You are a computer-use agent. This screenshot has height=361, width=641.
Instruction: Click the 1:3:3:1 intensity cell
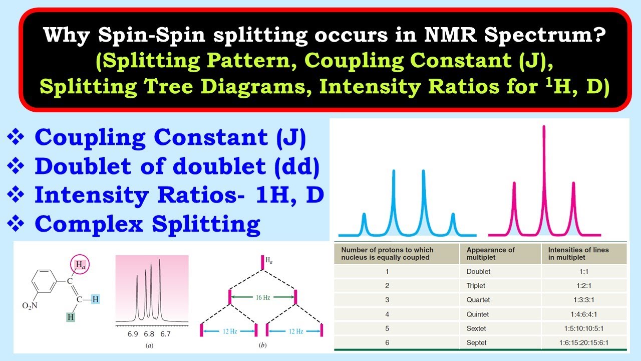pyautogui.click(x=583, y=300)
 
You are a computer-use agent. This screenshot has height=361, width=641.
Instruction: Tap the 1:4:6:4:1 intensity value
pyautogui.click(x=583, y=314)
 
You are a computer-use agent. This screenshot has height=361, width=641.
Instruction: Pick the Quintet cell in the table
pyautogui.click(x=477, y=314)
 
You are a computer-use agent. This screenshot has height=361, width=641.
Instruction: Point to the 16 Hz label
pyautogui.click(x=262, y=297)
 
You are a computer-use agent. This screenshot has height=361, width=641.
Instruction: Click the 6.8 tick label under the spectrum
pyautogui.click(x=149, y=333)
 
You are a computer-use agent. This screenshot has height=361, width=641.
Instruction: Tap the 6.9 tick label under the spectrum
pyautogui.click(x=132, y=333)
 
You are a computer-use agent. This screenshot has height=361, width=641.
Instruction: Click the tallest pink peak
pyautogui.click(x=544, y=150)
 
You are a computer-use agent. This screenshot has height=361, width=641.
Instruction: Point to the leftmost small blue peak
pyautogui.click(x=364, y=221)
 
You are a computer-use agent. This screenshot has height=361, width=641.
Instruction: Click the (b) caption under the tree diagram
pyautogui.click(x=262, y=345)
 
